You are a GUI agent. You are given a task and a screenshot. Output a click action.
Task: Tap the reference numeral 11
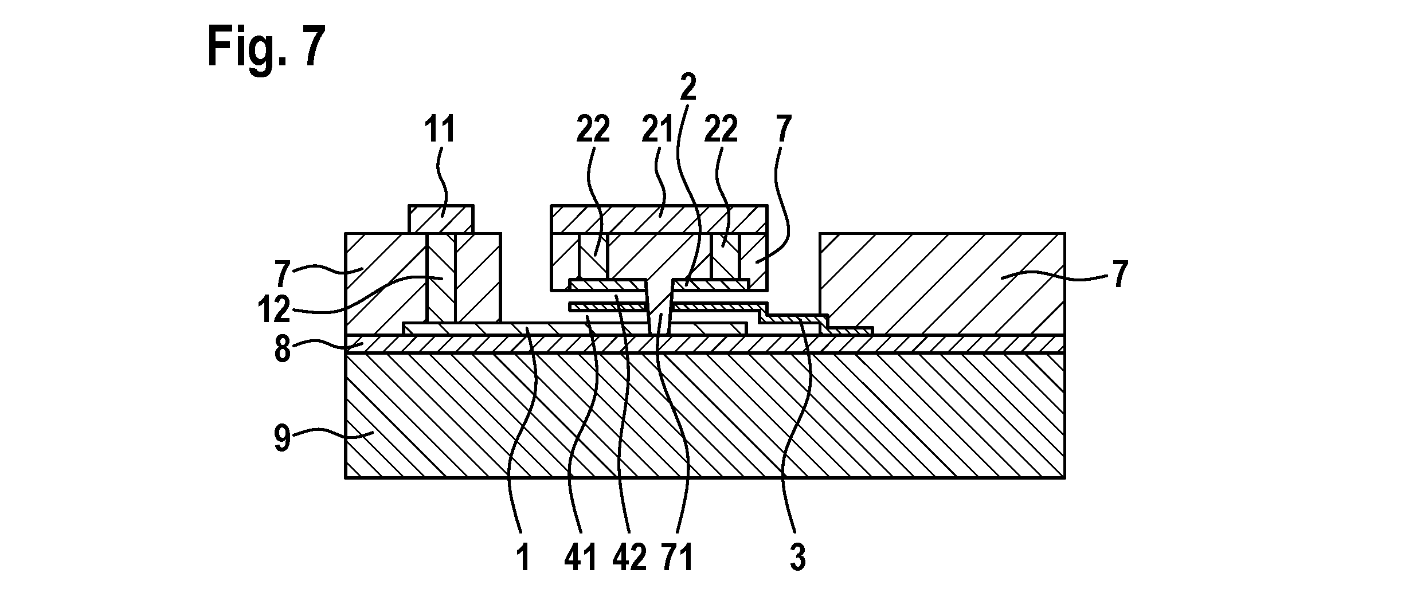(x=440, y=129)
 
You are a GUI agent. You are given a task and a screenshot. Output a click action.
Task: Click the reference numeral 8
(x=281, y=349)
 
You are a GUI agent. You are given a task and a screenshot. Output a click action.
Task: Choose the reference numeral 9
(x=281, y=440)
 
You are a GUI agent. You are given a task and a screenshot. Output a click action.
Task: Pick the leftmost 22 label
(x=592, y=129)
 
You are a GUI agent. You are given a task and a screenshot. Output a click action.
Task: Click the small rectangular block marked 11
(x=441, y=219)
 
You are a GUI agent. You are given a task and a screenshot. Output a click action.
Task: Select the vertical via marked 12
(x=440, y=277)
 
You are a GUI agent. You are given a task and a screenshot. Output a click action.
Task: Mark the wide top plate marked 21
(x=659, y=219)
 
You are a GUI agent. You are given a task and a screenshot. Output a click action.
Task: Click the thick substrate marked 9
(x=705, y=415)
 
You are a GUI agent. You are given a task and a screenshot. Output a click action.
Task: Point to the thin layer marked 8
(x=705, y=343)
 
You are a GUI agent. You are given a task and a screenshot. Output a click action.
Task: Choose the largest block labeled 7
(x=942, y=283)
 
